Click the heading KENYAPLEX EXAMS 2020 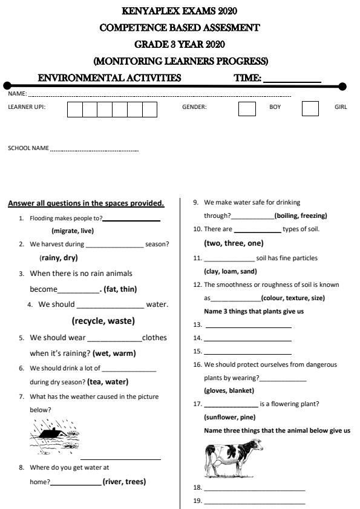(x=180, y=11)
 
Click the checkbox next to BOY (x=247, y=108)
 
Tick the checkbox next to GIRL (x=310, y=108)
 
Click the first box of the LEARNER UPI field (x=74, y=109)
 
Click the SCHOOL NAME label (x=28, y=148)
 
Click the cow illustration (x=234, y=458)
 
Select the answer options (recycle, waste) (x=103, y=321)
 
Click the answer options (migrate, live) (x=73, y=231)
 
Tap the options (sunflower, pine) (x=229, y=417)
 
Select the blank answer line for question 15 (x=248, y=353)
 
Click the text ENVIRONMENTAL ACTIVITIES (x=110, y=78)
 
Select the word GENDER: (x=194, y=107)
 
